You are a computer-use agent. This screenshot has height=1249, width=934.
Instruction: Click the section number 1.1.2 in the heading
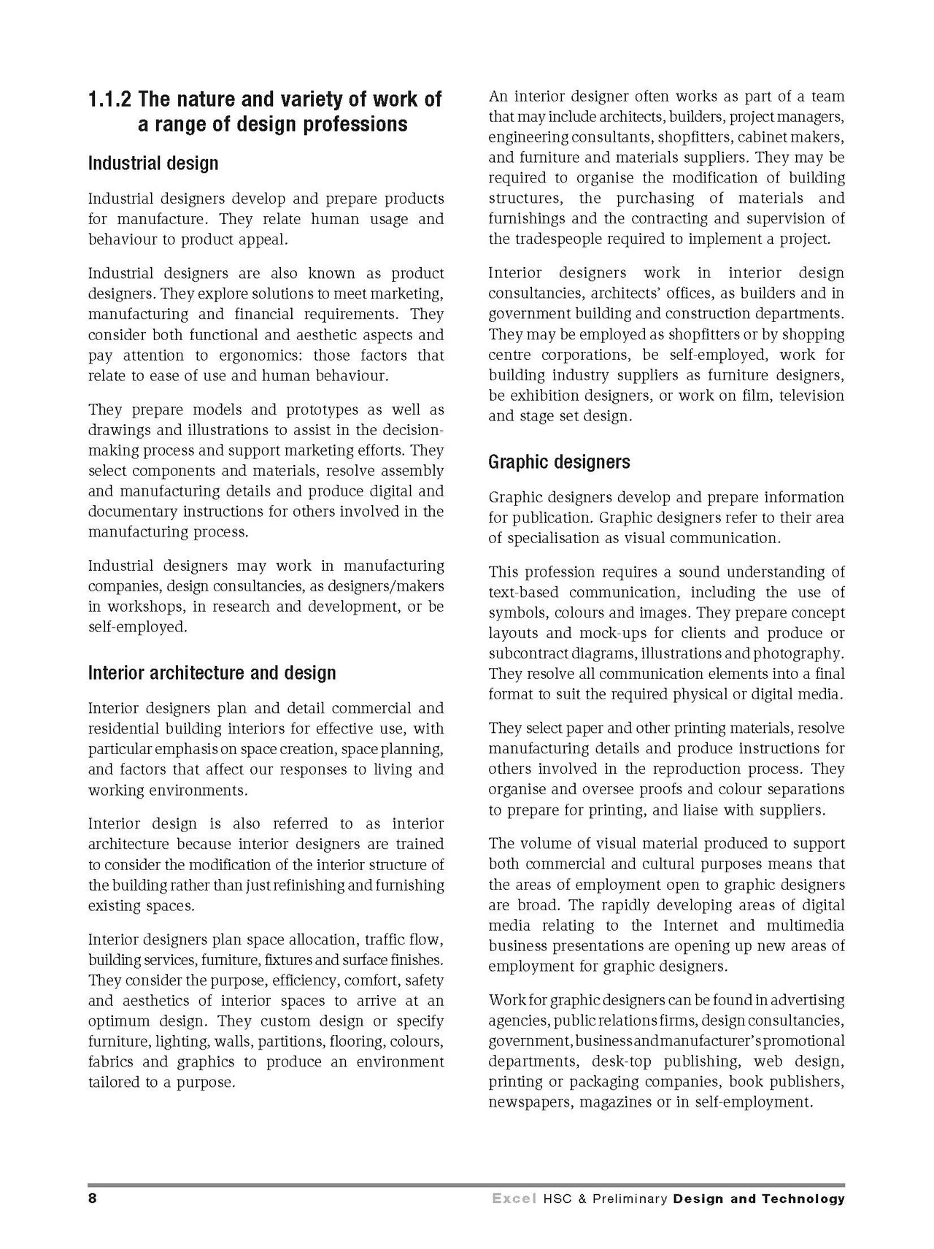click(111, 99)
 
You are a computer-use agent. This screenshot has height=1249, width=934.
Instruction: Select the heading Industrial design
click(153, 163)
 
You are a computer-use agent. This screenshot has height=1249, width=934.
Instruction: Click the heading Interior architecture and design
click(212, 672)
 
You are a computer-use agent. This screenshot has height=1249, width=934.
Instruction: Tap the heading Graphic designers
click(559, 462)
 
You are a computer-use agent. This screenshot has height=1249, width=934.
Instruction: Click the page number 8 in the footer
click(93, 1199)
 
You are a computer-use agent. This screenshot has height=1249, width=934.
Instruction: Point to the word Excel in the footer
click(514, 1199)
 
